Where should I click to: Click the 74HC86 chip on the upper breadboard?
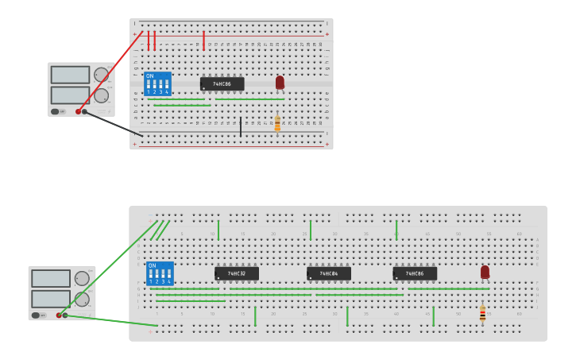point(222,83)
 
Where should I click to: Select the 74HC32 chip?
point(236,273)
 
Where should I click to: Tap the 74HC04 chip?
point(328,273)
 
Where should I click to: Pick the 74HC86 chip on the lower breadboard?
point(415,273)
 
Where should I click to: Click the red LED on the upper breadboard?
point(280,82)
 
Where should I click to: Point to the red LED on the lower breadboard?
point(485,272)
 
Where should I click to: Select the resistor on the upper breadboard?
point(277,124)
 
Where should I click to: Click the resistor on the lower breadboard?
point(482,315)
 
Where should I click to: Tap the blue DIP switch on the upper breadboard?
point(157,83)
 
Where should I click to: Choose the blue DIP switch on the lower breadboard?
point(160,273)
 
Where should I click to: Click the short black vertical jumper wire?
point(241,126)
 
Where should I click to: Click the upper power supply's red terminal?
point(78,111)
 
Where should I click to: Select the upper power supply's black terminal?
point(85,111)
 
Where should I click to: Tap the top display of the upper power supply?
point(70,75)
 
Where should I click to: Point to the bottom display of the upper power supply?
point(70,95)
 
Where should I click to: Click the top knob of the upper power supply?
point(101,75)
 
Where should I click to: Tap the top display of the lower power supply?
point(51,278)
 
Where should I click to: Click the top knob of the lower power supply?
point(82,278)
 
